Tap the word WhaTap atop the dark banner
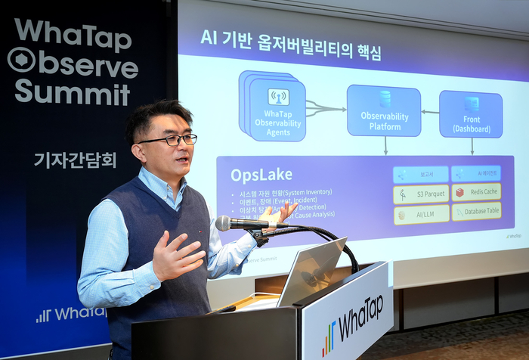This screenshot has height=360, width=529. point(73,34)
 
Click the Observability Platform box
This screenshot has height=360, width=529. point(384,110)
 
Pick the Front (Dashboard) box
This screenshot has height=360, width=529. point(471,114)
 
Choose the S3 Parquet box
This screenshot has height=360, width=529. point(421,194)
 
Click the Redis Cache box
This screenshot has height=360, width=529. point(476,192)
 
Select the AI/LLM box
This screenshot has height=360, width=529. point(421,215)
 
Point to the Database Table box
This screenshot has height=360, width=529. point(476,212)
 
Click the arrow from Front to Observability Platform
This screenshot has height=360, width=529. point(430,112)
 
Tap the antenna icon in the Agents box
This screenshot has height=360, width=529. point(278,97)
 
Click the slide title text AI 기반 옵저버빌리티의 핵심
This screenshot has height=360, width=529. point(290,47)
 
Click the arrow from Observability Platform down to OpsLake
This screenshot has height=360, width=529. point(386,146)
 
